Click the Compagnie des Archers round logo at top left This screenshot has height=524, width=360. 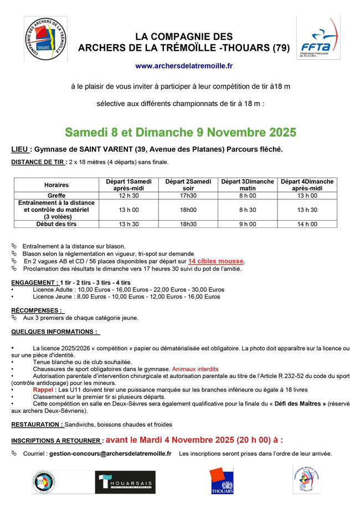(45, 39)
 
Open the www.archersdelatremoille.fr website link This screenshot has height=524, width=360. (184, 66)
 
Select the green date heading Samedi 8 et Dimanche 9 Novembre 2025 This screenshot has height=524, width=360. (181, 133)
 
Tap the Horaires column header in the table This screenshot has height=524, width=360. (56, 185)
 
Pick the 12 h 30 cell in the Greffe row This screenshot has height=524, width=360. (128, 195)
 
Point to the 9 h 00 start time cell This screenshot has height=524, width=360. (248, 224)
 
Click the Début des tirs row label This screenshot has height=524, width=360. (56, 224)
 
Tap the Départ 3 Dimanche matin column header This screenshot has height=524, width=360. (248, 185)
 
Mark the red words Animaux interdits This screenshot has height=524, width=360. (195, 369)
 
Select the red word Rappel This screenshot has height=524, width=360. (43, 390)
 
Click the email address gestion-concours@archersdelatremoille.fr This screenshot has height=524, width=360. (110, 454)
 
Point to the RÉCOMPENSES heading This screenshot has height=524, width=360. (38, 310)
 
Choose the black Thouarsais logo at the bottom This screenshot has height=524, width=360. (125, 483)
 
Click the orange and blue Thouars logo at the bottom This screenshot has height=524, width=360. (222, 480)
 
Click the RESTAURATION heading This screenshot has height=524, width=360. (37, 424)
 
